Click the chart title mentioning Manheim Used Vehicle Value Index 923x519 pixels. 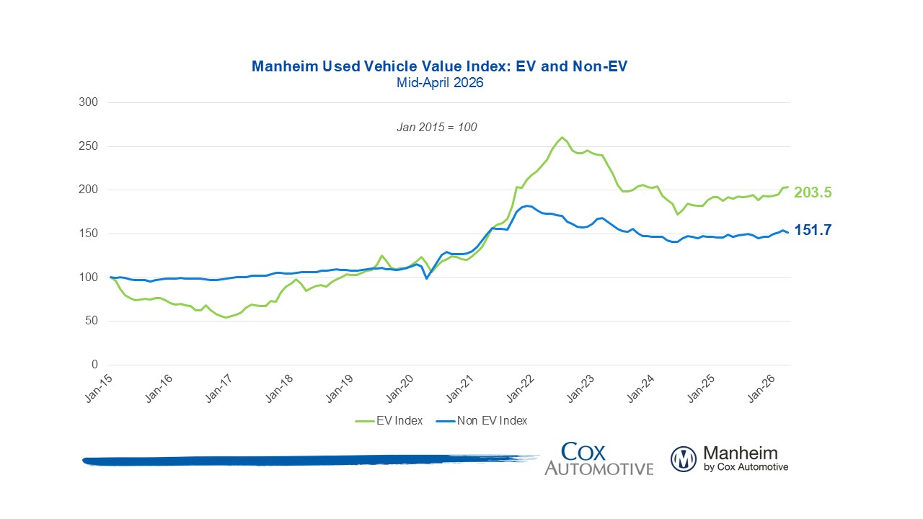click(440, 67)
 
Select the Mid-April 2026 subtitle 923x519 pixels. click(440, 83)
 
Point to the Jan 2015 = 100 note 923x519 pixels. click(437, 127)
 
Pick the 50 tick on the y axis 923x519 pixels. click(91, 321)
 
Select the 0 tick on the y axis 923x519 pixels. click(94, 365)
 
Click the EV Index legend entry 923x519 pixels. click(389, 420)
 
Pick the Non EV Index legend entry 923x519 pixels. click(484, 420)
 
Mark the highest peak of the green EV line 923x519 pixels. click(562, 137)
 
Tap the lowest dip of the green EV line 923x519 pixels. click(226, 317)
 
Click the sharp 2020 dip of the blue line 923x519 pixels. click(426, 278)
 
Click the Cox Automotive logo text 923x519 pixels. click(599, 459)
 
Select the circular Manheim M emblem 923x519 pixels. click(683, 459)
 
